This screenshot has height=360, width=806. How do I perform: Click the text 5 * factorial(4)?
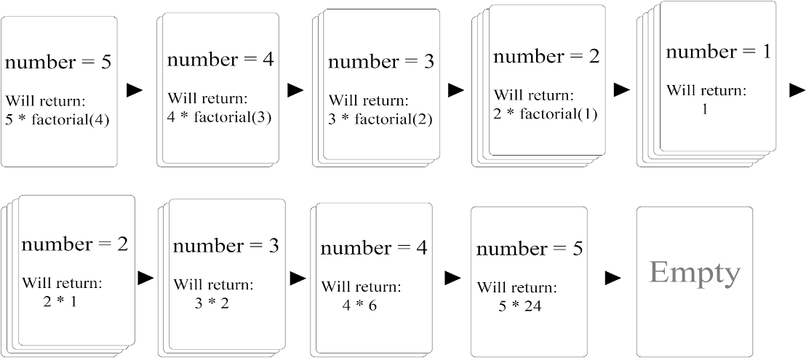tap(57, 121)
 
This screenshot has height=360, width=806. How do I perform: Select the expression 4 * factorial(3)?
tap(220, 118)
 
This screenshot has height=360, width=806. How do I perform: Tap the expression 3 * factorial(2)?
tap(380, 120)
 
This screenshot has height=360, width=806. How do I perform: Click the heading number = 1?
tap(719, 52)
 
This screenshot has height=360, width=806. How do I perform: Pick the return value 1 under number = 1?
tap(704, 109)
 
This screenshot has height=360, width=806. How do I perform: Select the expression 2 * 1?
tap(60, 302)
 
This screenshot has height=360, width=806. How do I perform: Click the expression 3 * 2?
tap(211, 303)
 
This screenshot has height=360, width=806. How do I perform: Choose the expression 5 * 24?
tap(519, 306)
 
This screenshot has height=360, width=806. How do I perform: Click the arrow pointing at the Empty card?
tap(613, 279)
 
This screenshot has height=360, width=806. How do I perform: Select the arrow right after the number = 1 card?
tap(797, 90)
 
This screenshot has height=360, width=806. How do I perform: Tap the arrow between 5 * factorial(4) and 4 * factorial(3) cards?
tap(134, 90)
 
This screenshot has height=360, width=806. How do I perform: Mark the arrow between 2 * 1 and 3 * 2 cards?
tap(146, 279)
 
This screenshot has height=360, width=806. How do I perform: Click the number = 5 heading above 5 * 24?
tap(530, 249)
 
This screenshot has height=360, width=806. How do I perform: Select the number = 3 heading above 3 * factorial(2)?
tap(381, 62)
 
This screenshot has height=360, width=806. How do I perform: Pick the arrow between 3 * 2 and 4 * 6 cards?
tap(298, 279)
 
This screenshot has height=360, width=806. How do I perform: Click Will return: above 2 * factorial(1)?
tap(532, 95)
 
